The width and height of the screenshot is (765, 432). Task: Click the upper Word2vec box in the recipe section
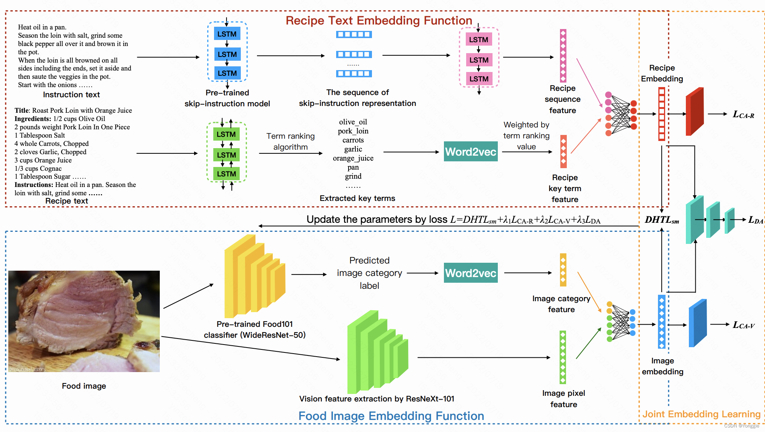(470, 152)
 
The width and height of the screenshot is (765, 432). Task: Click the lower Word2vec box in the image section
(470, 273)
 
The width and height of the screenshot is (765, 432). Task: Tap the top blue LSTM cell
(227, 34)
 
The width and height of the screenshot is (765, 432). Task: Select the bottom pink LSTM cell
(479, 79)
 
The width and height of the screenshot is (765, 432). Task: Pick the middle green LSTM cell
(226, 155)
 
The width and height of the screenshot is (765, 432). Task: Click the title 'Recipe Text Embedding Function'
(378, 20)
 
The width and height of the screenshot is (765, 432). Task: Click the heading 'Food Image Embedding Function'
(391, 416)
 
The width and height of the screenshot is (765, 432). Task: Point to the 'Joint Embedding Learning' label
(701, 414)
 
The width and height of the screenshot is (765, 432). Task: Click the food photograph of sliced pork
(84, 321)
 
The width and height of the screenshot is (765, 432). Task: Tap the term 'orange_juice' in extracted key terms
(353, 158)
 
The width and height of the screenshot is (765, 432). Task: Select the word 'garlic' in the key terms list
(353, 149)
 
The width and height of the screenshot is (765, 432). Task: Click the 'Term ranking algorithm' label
(290, 141)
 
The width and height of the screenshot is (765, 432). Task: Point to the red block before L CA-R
(694, 112)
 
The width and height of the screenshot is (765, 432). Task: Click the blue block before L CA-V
(697, 323)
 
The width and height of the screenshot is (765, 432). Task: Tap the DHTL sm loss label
(661, 220)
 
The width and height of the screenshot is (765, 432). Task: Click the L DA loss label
(755, 220)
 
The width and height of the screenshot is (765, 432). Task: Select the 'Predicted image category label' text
(369, 273)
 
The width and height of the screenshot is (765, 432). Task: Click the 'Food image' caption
(84, 386)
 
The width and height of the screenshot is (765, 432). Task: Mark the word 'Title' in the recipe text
(22, 110)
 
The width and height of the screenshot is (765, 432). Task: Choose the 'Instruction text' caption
(71, 95)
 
